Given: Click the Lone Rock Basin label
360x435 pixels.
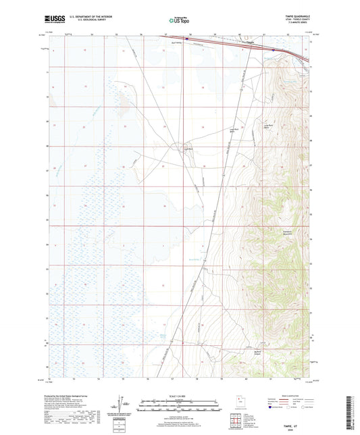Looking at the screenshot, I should click(266, 127).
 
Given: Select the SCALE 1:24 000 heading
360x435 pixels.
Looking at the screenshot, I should click(179, 396).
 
